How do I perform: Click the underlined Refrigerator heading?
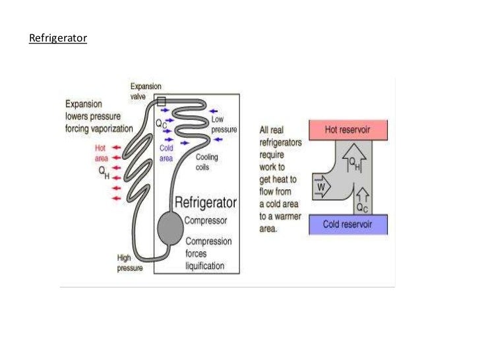point(58,39)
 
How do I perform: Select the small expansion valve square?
point(162,101)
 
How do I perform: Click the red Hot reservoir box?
point(348,129)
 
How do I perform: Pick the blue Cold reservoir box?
point(348,224)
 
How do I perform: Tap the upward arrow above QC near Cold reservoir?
point(361,194)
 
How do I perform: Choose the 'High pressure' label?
point(130,263)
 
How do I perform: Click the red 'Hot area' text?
point(100,152)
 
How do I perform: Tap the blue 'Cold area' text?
point(166,153)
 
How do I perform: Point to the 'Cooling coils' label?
point(206,162)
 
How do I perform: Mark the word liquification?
point(204,266)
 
